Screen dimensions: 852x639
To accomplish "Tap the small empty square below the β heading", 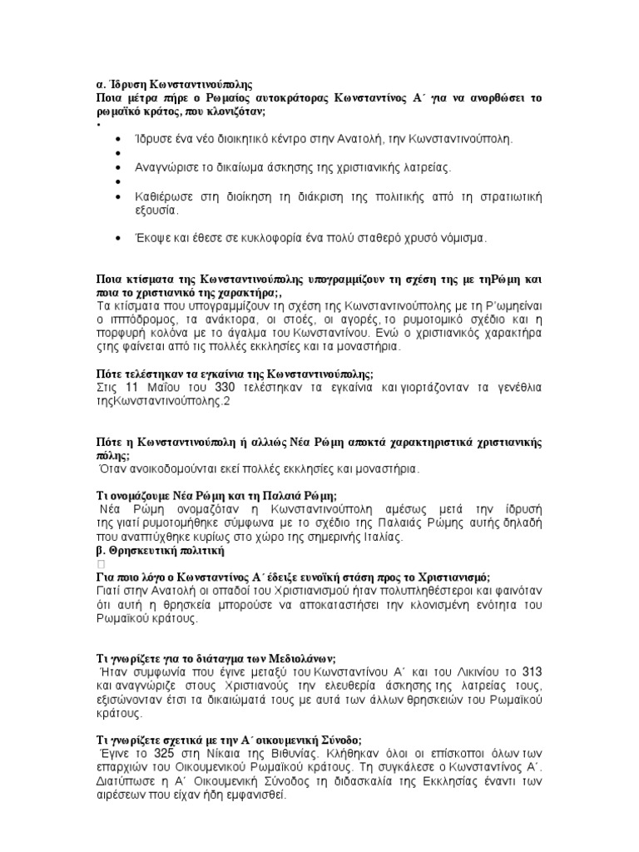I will (x=102, y=565).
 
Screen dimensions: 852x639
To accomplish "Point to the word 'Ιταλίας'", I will (x=377, y=537).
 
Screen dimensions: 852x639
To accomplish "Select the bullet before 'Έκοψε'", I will (x=121, y=238).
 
